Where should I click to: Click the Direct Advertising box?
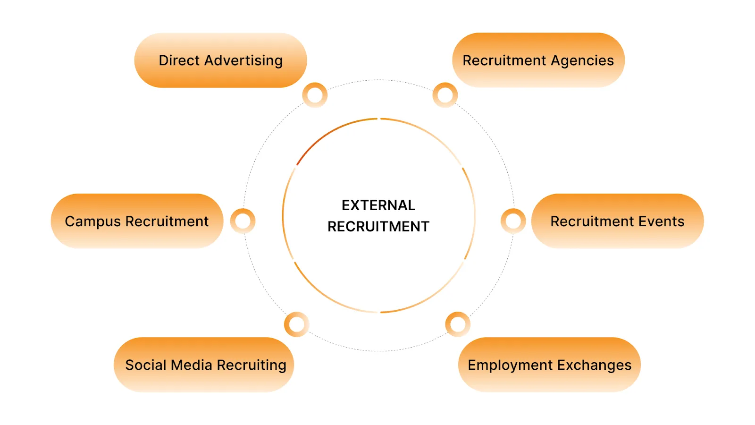point(220,60)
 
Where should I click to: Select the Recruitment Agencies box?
point(538,60)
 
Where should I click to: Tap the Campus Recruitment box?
point(137,221)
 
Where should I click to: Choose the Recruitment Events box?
point(617,221)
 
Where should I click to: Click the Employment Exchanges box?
point(549,365)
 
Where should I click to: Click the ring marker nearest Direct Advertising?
point(315,95)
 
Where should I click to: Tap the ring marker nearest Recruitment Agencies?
point(445,95)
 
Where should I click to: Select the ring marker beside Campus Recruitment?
point(243,221)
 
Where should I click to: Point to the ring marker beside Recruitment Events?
point(513,221)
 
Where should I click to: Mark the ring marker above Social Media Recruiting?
point(296,324)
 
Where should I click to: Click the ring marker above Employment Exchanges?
point(458,324)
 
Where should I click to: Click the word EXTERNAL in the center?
point(378,205)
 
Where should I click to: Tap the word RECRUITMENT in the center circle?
point(378,227)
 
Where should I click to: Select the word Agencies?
point(582,60)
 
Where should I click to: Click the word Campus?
point(93,221)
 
